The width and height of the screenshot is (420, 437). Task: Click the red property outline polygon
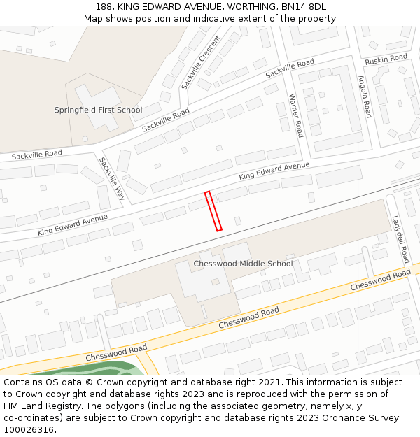tap(213, 210)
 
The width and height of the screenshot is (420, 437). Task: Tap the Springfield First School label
tap(98, 110)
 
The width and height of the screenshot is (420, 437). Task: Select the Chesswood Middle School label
tap(243, 264)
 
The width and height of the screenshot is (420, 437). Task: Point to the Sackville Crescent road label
tap(200, 62)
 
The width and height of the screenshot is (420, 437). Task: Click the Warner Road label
tap(295, 115)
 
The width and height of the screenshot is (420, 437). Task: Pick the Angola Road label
tap(364, 96)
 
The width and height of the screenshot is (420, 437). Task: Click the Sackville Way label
tap(111, 178)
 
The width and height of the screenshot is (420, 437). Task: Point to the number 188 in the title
tap(104, 7)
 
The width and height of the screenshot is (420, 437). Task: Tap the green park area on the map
tap(84, 368)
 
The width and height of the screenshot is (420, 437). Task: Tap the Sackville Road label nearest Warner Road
tap(290, 68)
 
